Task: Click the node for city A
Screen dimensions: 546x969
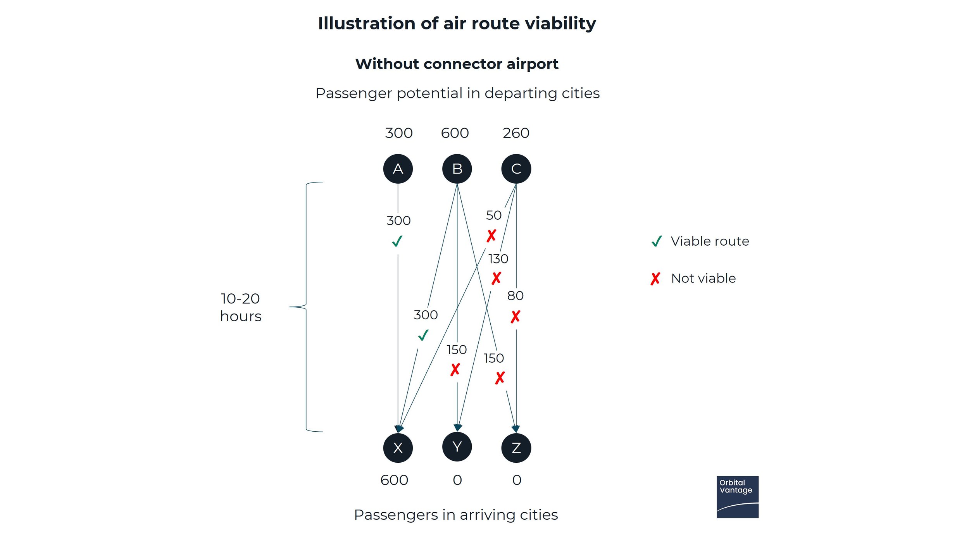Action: pos(398,169)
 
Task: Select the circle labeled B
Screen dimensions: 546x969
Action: pos(457,169)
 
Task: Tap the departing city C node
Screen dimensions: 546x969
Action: pos(516,169)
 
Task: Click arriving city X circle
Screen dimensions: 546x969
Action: pos(398,448)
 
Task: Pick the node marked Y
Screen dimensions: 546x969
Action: pos(457,447)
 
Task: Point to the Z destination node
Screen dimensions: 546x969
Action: pos(516,448)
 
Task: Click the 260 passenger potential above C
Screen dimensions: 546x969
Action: pos(516,133)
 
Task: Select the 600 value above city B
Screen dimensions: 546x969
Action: pos(455,133)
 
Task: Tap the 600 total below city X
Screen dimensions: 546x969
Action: pos(394,480)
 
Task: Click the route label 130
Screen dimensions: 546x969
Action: pos(498,258)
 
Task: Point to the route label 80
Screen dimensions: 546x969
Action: pos(515,296)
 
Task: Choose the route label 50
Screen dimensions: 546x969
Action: pos(493,215)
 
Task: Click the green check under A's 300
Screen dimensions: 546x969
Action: pos(397,241)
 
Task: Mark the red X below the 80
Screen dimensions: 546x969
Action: pos(515,317)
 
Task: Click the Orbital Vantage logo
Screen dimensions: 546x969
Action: pos(737,497)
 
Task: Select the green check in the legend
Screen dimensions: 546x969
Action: pos(657,241)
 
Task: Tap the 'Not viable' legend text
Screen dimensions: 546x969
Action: pos(703,278)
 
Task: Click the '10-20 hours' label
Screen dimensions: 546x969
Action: pos(241,307)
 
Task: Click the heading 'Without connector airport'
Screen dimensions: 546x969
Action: pos(457,64)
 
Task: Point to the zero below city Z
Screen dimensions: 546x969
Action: pos(517,480)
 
